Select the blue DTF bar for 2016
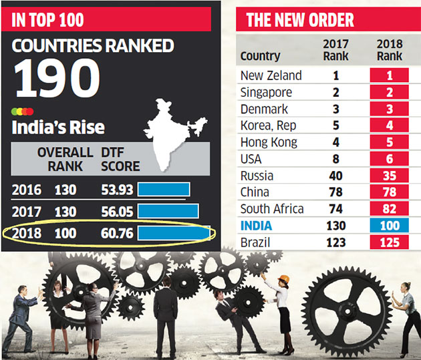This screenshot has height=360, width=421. (164, 190)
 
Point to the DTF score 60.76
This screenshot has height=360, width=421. (116, 234)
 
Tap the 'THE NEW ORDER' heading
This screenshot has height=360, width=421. (300, 19)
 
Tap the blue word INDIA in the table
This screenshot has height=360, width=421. (257, 225)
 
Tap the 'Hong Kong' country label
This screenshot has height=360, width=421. (269, 142)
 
